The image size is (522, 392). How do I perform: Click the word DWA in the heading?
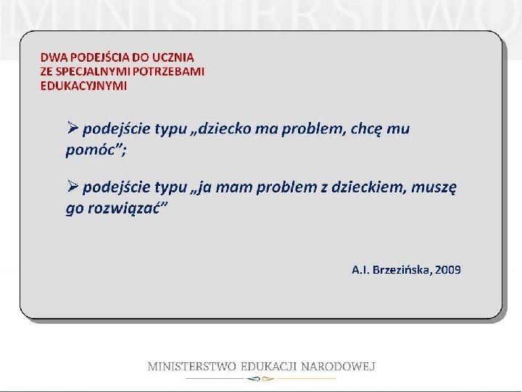52,57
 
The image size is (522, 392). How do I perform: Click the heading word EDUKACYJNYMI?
83,86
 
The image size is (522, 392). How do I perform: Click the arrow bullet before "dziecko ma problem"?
72,128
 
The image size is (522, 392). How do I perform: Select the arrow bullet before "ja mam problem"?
72,187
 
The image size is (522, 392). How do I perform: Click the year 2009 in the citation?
449,269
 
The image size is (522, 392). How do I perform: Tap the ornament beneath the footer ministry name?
260,379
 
